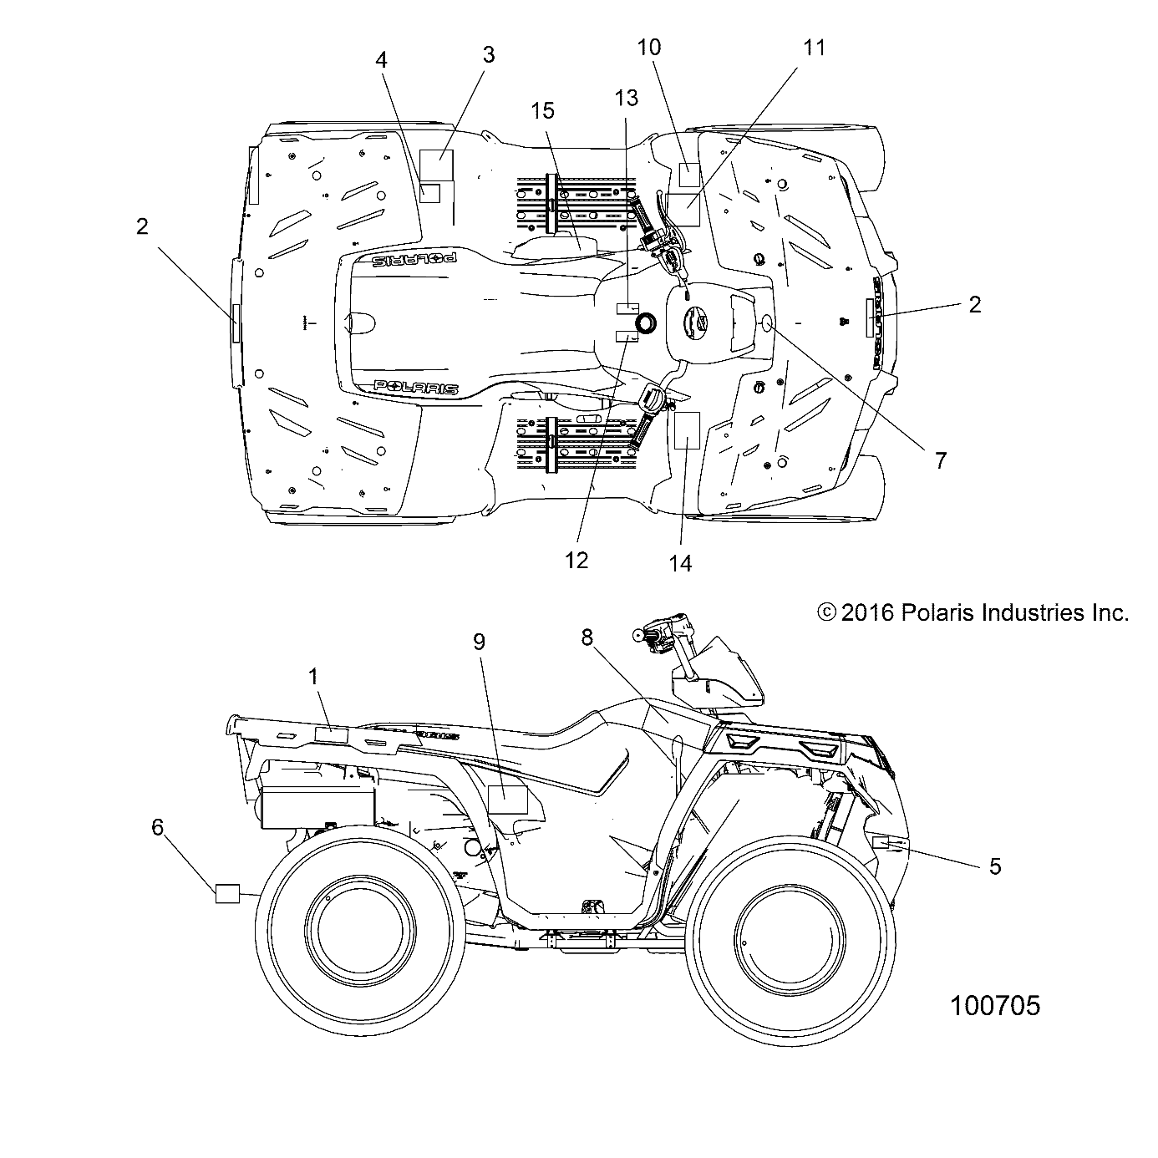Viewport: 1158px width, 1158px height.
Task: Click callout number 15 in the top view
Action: coord(542,111)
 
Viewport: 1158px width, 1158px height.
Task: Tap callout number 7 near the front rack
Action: coord(940,460)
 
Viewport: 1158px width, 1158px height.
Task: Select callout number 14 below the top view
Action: coord(681,563)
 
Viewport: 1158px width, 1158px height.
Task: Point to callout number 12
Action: coord(576,560)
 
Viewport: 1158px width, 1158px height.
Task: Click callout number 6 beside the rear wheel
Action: coord(158,826)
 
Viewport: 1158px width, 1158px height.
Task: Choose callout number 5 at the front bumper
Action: coord(994,866)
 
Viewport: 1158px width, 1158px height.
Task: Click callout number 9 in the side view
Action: coord(502,642)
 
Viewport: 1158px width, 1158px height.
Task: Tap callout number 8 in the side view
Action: coord(611,637)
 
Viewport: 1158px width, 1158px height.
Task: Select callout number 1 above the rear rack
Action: coord(314,677)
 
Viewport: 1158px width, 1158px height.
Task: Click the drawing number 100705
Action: coord(995,1005)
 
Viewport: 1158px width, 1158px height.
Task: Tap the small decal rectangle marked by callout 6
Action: coord(227,893)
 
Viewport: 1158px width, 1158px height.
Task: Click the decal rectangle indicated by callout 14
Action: coord(686,430)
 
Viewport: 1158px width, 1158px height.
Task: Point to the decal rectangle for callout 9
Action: coord(507,800)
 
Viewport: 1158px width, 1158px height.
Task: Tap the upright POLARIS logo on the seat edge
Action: coord(415,387)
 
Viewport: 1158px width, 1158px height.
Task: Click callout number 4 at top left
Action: coord(381,60)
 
